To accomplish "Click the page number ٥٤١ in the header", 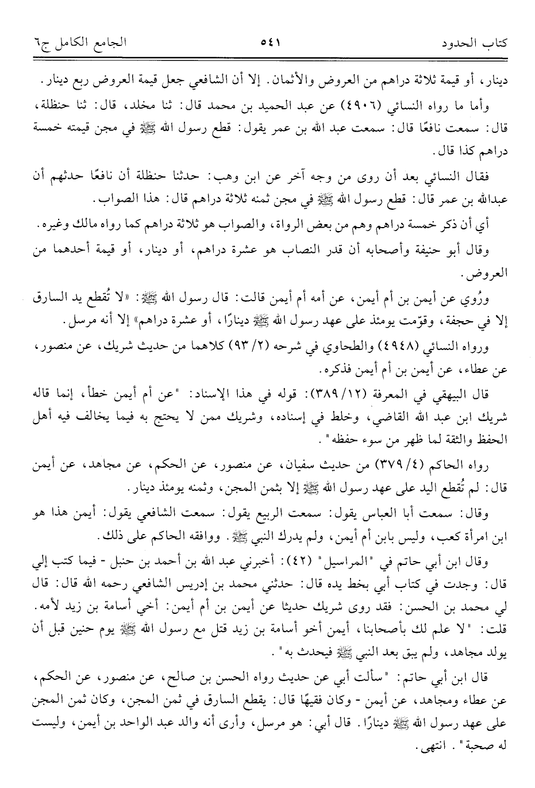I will (268, 43).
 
